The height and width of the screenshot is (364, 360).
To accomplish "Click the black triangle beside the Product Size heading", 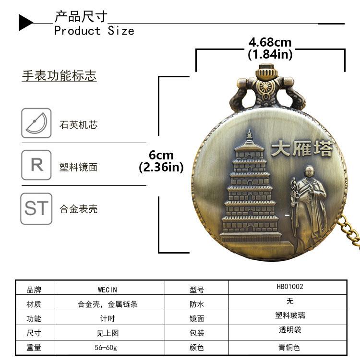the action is click(x=25, y=23).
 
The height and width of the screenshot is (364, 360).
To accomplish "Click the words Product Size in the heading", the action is click(x=94, y=31).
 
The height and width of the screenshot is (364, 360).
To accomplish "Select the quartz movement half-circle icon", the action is click(x=36, y=123).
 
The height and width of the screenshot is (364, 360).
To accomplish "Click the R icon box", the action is click(x=36, y=165).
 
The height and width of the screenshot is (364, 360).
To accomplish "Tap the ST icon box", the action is click(x=36, y=208).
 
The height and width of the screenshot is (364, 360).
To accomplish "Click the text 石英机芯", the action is click(x=79, y=125).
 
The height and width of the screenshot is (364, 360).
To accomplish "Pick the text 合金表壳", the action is click(x=79, y=209).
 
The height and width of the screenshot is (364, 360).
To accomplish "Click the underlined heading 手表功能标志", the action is click(x=59, y=76).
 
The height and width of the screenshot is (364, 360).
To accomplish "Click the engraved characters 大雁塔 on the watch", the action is click(x=301, y=148).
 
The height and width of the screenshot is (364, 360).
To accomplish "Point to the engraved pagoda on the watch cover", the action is click(x=250, y=190).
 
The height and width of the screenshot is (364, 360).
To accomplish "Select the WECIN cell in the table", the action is click(x=108, y=290).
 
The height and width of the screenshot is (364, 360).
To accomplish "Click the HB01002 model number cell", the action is click(x=290, y=287).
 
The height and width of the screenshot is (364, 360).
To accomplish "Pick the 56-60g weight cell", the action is click(x=108, y=347).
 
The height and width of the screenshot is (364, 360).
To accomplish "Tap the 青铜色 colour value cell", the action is click(x=289, y=347).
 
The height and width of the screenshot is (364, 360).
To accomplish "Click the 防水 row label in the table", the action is click(x=197, y=304).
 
